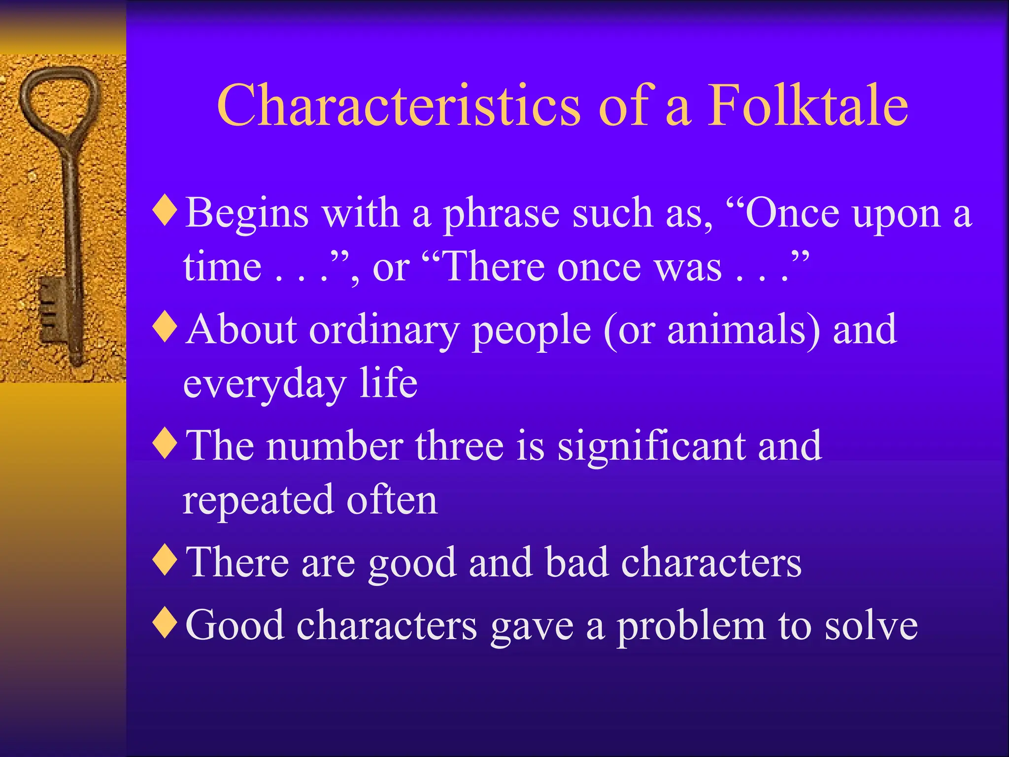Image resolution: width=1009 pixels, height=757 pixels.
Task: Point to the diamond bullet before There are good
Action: coord(165,560)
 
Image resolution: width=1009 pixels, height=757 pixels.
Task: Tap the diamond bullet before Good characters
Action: coord(165,623)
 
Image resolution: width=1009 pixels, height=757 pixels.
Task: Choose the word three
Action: coord(459,446)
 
